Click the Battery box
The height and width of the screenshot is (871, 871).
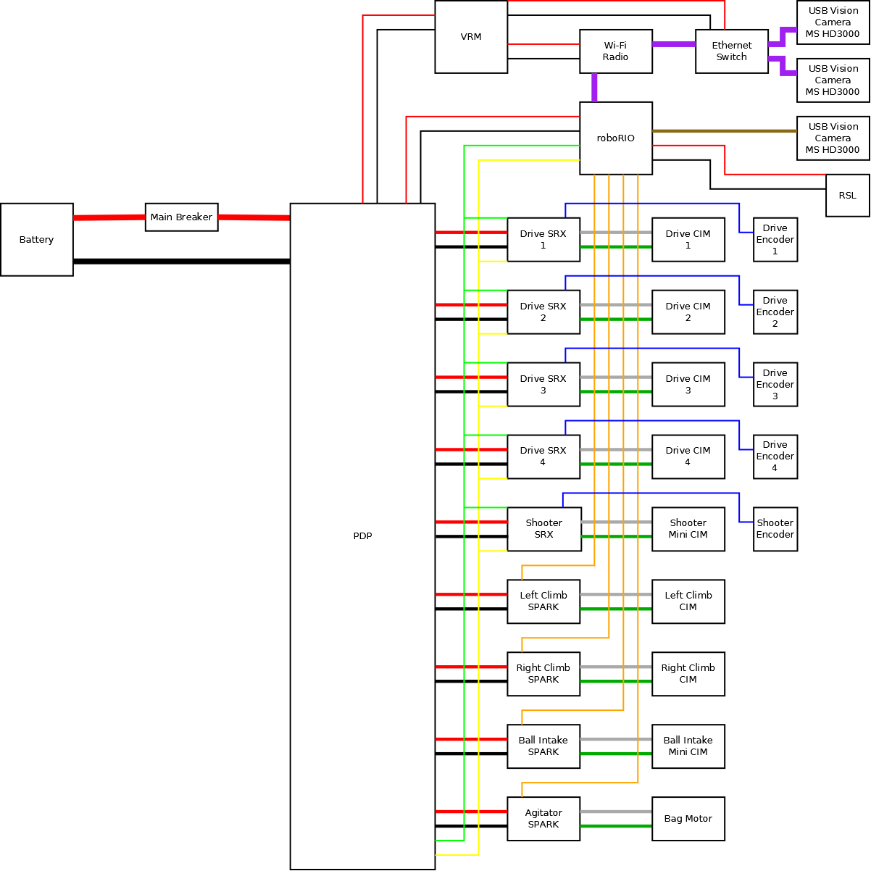coord(36,240)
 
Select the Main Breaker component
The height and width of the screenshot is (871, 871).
coord(181,217)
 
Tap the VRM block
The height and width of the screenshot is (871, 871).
coord(471,37)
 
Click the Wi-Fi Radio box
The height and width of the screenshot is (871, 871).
coord(615,51)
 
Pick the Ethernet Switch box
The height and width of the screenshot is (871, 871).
coord(731,51)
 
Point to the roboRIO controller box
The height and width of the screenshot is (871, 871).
coord(615,138)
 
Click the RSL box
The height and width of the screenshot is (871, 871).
coord(847,196)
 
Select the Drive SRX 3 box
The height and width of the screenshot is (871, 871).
coord(543,385)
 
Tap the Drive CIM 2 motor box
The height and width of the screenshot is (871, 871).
coord(688,312)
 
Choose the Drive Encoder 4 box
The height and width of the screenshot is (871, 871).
coord(775,457)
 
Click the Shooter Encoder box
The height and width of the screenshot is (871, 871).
coord(775,529)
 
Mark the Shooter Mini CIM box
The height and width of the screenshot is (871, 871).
coord(688,529)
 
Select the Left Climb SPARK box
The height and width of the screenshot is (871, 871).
coord(543,601)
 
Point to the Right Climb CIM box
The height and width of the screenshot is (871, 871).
coord(688,674)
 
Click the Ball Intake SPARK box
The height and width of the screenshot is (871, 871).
coord(543,746)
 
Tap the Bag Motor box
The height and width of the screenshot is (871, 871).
coord(688,819)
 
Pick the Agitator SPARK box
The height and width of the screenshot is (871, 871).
coord(543,819)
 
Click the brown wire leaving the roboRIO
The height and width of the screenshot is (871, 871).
coord(725,131)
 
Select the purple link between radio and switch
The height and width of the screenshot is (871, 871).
coord(674,44)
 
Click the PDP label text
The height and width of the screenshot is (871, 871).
coord(362,536)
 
